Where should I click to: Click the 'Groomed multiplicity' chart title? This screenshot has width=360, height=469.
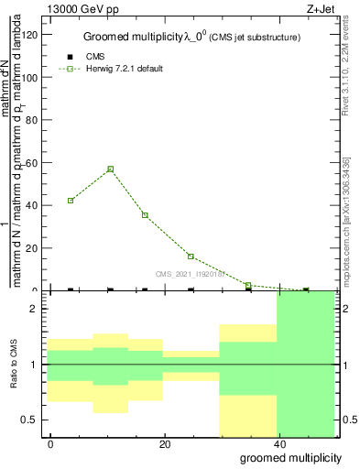[x=140, y=37]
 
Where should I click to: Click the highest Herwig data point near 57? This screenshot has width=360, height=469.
[x=111, y=169]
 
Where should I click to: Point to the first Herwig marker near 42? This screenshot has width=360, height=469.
[x=71, y=200]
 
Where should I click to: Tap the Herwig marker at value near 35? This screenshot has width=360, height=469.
[x=145, y=215]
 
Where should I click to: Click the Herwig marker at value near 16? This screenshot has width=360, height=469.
[x=191, y=256]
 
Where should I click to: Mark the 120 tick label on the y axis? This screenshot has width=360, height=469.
[x=32, y=35]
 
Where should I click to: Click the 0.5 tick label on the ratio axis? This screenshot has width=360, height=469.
[x=32, y=420]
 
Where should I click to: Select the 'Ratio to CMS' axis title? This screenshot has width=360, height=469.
[x=14, y=365]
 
